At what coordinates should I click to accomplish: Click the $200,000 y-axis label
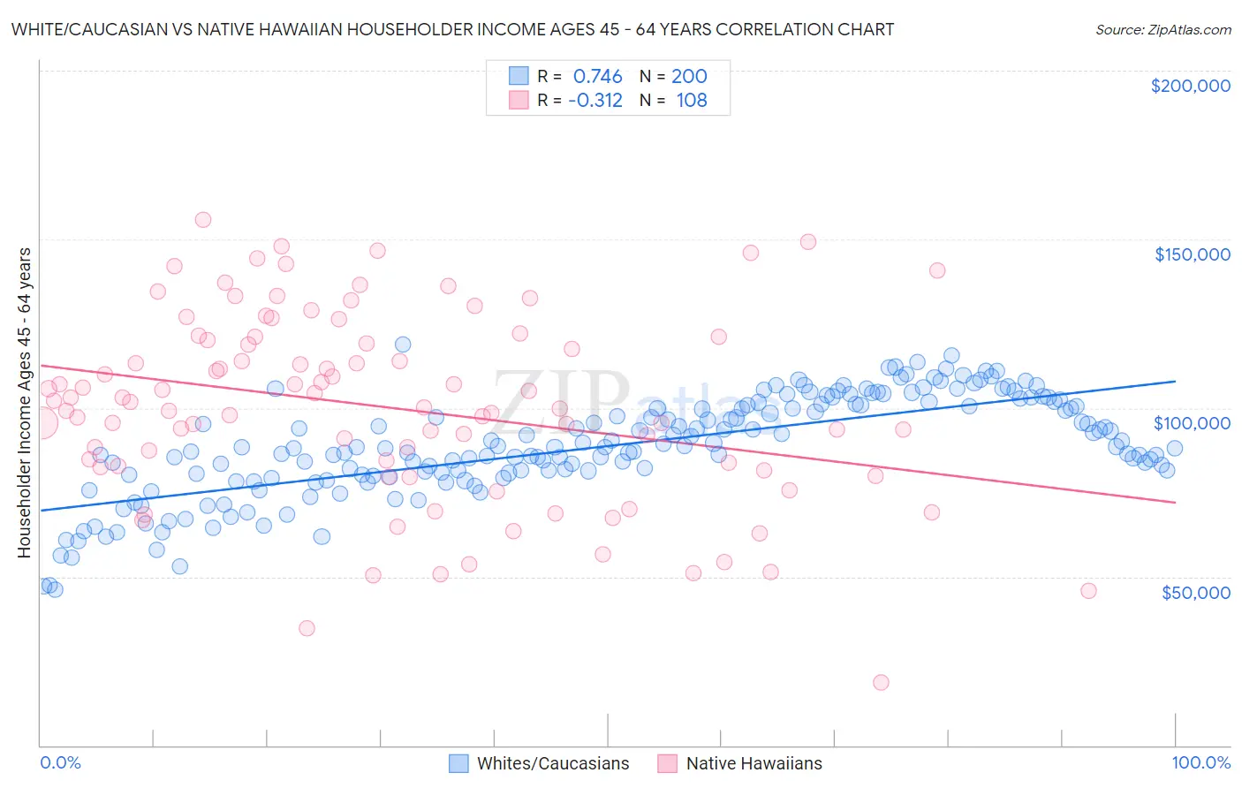coord(1190,86)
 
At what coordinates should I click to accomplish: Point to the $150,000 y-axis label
coord(1192,254)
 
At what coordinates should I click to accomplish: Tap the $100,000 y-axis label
coord(1192,423)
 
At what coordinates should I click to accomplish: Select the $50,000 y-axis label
coord(1195,592)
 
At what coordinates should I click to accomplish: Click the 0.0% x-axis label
coord(60,762)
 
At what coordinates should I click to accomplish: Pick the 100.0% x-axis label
coord(1200,762)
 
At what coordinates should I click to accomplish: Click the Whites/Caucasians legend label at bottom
coord(553,763)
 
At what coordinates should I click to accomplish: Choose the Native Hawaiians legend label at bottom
coord(754,763)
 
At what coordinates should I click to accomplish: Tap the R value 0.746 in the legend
coord(598,76)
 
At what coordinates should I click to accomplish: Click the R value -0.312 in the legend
coord(595,100)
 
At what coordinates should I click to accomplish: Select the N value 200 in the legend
coord(689,76)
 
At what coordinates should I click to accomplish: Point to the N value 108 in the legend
coord(692,100)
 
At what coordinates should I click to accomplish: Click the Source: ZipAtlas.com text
coord(1162,29)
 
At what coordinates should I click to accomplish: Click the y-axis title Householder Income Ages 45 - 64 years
coord(25,403)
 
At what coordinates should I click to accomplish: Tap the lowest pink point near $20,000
coord(880,682)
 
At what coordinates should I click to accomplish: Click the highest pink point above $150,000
coord(203,220)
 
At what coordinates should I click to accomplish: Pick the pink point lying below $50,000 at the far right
coord(1088,591)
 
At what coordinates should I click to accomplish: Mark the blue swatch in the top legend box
coord(519,76)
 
